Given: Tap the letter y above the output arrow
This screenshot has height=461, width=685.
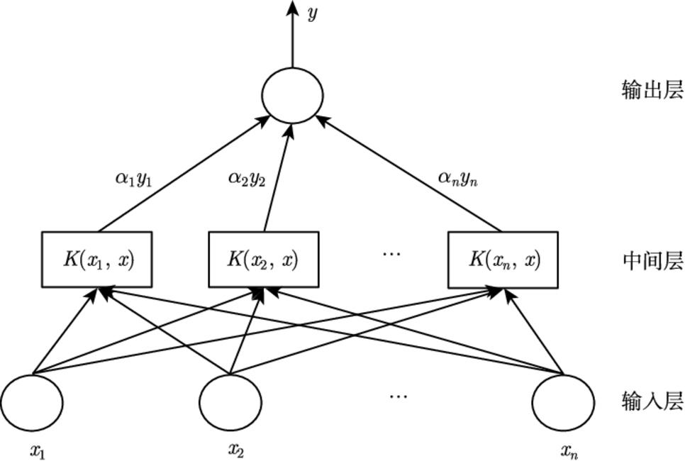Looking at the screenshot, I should (x=312, y=14).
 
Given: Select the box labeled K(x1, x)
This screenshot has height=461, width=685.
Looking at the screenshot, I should (x=98, y=259).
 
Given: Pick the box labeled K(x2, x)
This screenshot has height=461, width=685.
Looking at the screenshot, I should (x=263, y=259).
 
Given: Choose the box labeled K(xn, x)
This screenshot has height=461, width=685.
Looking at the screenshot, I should (x=503, y=259).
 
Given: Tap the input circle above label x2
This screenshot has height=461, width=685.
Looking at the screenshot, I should (x=230, y=402).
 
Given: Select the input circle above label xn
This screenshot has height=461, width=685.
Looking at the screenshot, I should (x=564, y=402).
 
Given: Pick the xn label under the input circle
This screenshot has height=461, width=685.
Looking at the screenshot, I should (x=569, y=450).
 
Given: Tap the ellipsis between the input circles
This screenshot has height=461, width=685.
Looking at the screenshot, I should (x=399, y=396).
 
